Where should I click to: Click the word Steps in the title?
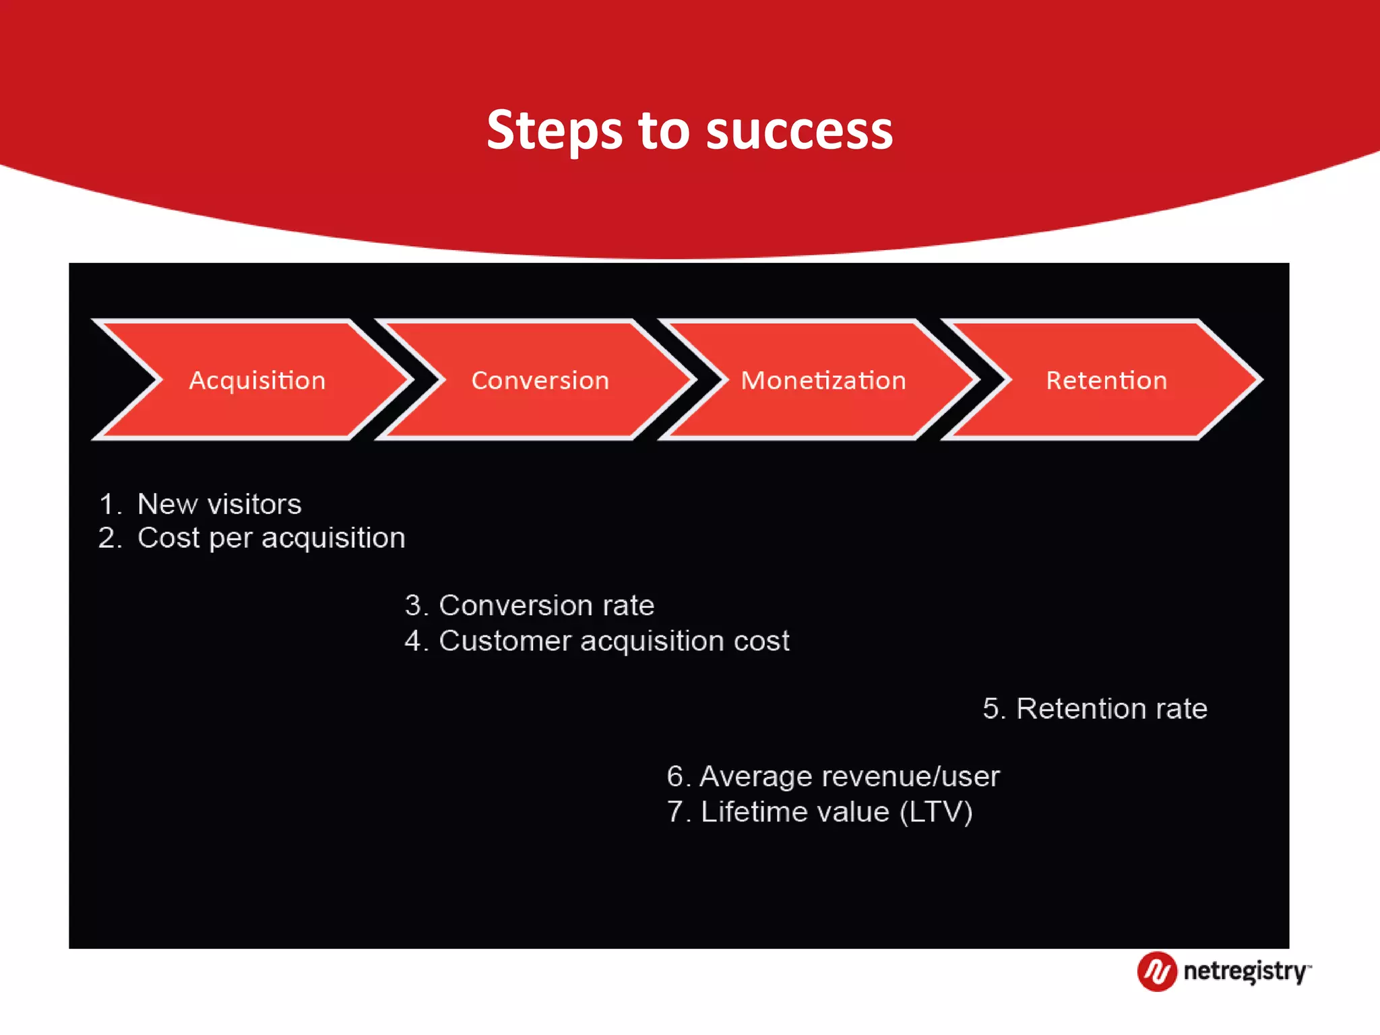point(554,131)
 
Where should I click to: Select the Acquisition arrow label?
point(257,381)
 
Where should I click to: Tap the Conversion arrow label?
point(540,381)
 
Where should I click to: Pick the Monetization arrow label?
point(823,381)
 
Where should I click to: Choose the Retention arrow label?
point(1106,381)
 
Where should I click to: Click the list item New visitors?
point(219,504)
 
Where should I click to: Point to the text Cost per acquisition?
point(271,538)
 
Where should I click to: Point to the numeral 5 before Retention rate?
point(991,709)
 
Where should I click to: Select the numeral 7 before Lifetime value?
point(675,812)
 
